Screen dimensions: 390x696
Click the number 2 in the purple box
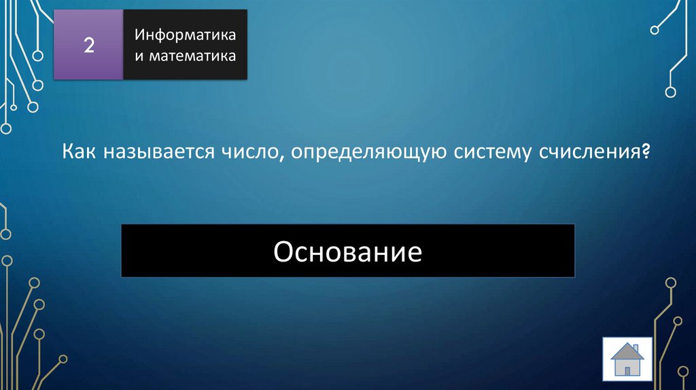point(88,46)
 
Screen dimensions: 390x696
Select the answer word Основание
point(348,252)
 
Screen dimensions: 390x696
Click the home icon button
point(627,359)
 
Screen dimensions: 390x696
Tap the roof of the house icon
point(627,351)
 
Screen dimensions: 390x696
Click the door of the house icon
point(627,369)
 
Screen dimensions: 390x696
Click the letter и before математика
point(137,56)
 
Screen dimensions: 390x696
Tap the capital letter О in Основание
point(283,252)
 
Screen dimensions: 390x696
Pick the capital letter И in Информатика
point(139,34)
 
